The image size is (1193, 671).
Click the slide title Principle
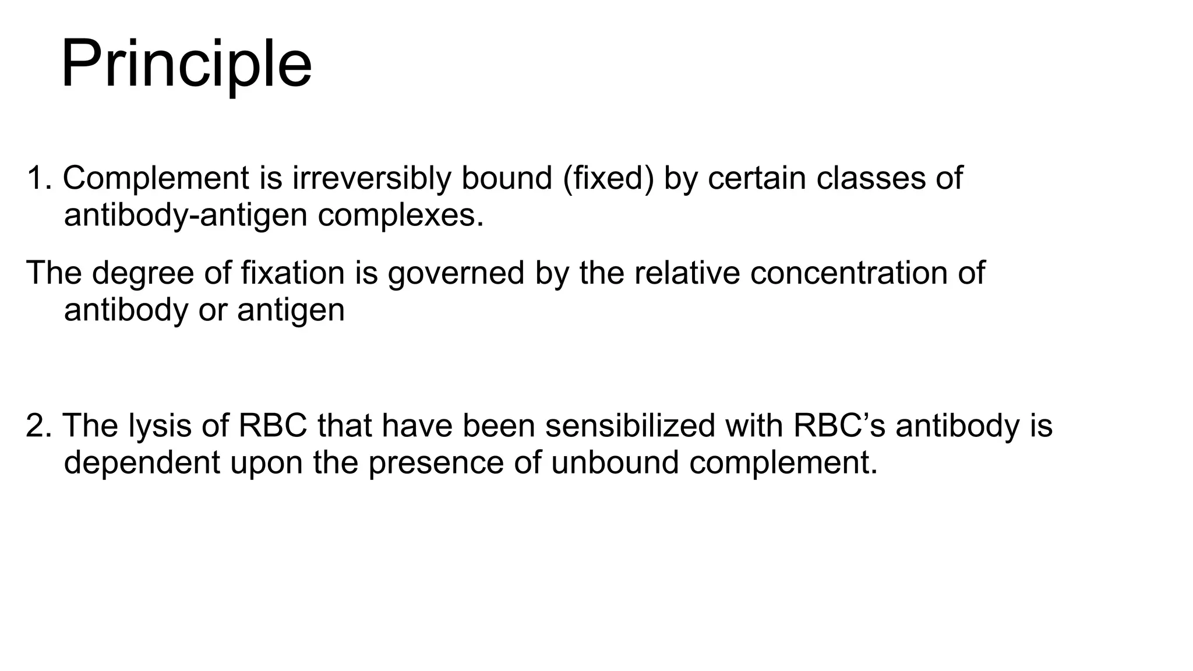pos(186,64)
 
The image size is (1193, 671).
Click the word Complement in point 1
pos(156,178)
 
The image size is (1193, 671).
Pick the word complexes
pos(401,216)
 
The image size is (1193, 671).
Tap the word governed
pos(456,273)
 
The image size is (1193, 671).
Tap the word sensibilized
pos(630,426)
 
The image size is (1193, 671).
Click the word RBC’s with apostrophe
pos(839,426)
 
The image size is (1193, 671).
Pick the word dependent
pos(142,463)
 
